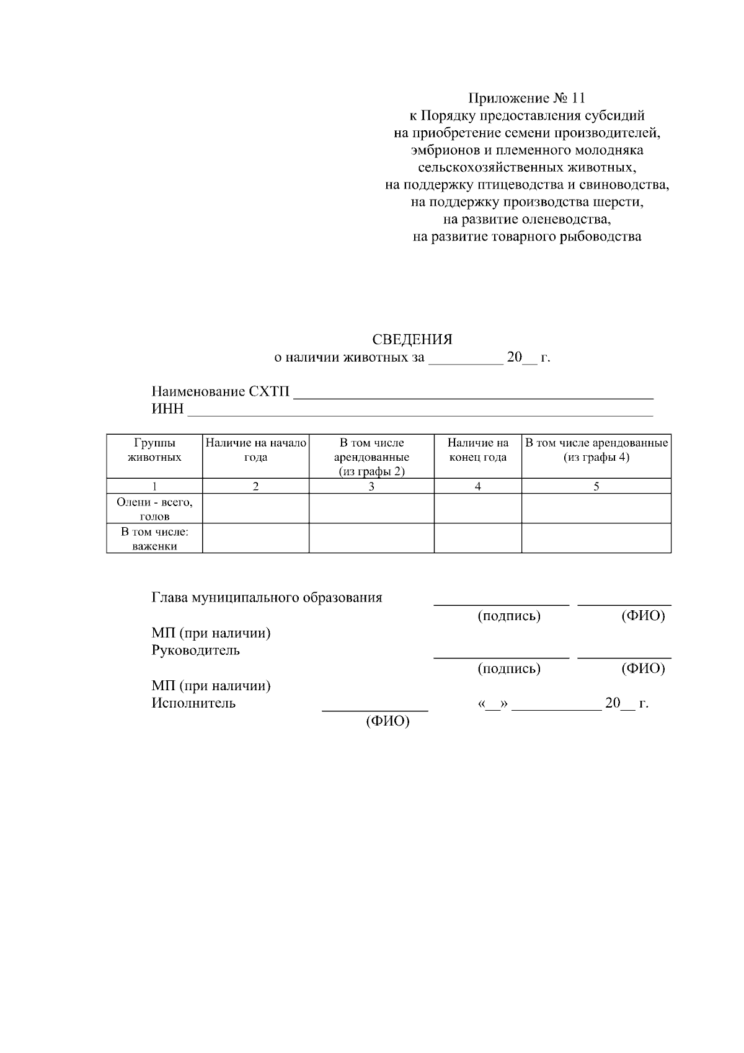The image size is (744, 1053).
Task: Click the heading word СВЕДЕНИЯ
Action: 412,340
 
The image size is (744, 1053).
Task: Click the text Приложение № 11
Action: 526,98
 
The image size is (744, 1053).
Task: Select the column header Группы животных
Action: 154,450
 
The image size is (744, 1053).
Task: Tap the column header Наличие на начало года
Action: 255,450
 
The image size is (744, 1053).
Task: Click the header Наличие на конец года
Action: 477,450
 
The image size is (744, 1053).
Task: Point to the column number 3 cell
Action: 371,487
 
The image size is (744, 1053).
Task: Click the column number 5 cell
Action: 596,487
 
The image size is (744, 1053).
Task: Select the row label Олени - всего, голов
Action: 154,509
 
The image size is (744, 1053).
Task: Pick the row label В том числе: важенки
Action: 154,539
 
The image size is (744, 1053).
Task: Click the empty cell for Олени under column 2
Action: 255,509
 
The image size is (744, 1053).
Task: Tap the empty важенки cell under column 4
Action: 477,538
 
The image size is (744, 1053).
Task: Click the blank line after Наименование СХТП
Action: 473,393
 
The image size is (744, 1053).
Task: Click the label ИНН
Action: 167,409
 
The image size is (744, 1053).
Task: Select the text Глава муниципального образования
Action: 267,598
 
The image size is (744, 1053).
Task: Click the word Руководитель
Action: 195,651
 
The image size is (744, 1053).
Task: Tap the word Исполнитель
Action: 193,703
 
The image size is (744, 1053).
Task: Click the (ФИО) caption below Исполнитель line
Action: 388,722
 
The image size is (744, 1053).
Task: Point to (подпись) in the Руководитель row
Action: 509,669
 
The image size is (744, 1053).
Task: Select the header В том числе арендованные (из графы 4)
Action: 596,450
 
